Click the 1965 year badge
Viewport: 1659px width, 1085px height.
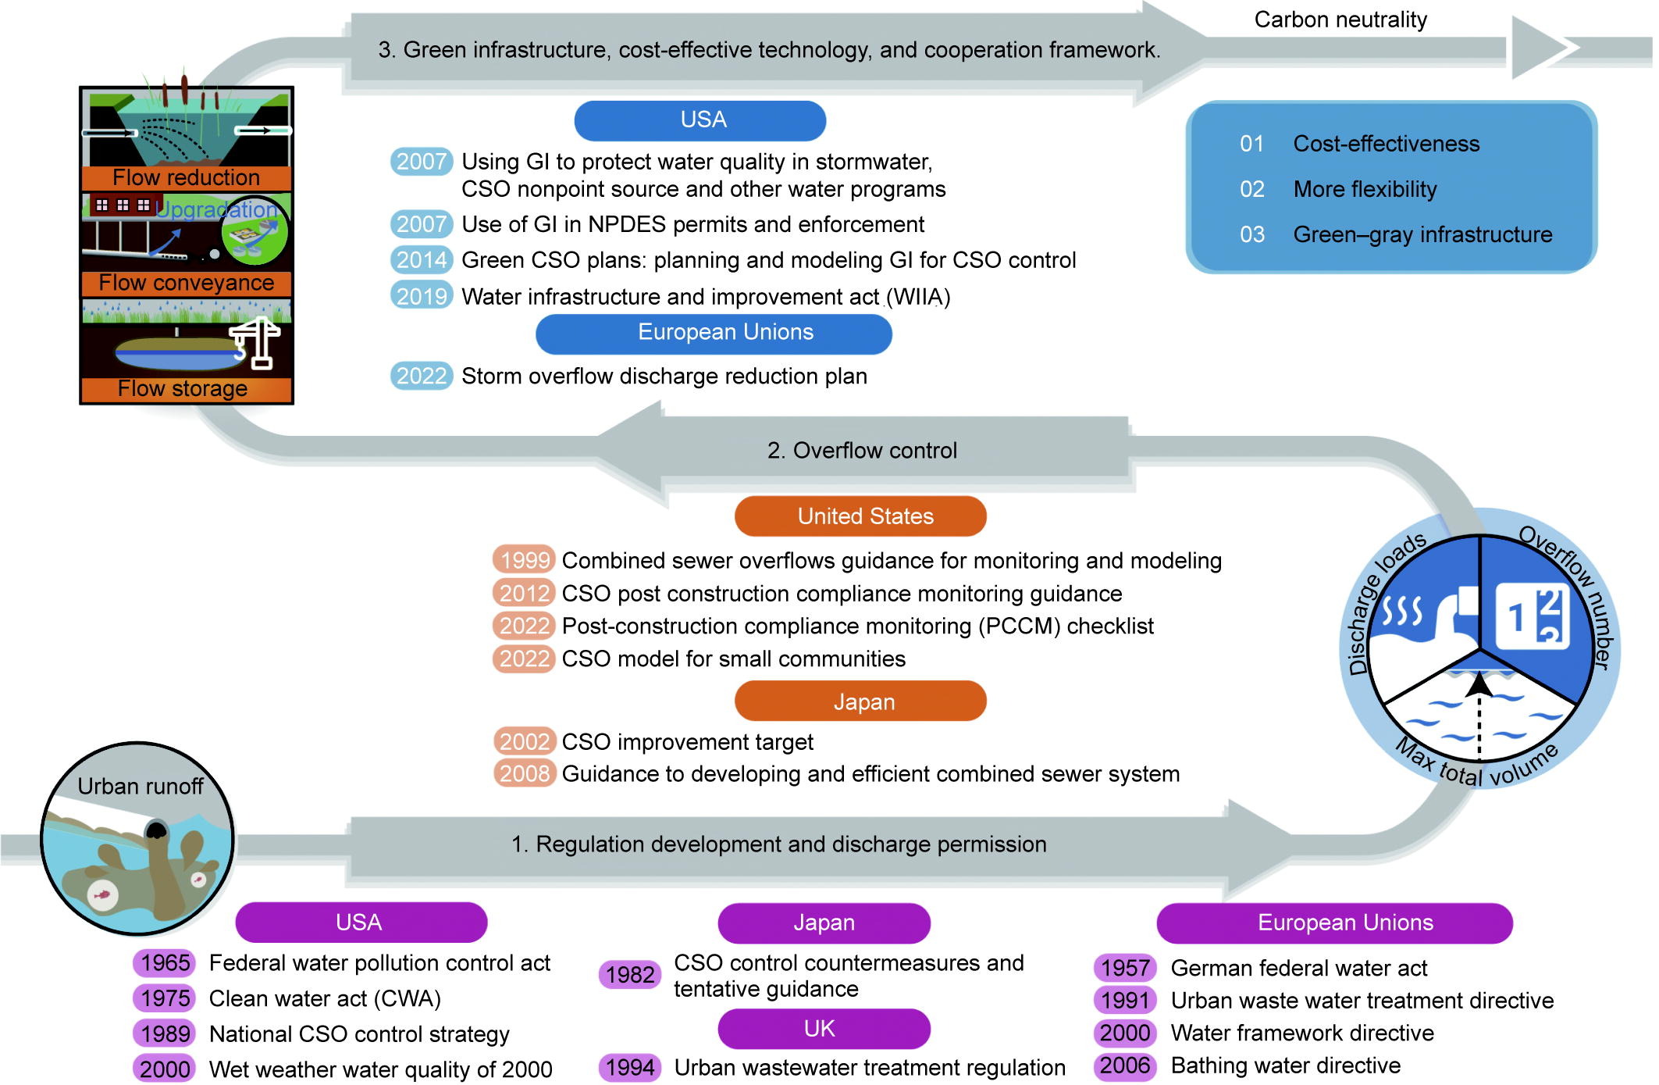(x=165, y=962)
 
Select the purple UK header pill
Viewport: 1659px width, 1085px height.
(x=823, y=1029)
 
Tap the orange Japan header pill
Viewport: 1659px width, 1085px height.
(x=860, y=701)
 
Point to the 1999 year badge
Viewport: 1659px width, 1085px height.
(x=525, y=560)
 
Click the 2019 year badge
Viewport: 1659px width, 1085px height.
(x=422, y=296)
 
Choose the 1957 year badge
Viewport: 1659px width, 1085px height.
(x=1125, y=968)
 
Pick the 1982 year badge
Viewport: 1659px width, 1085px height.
(x=630, y=975)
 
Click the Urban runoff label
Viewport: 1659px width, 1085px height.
(x=141, y=786)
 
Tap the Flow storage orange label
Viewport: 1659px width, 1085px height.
(x=183, y=388)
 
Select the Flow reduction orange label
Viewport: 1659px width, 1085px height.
(x=186, y=177)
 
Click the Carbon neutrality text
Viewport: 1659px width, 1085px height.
(x=1340, y=20)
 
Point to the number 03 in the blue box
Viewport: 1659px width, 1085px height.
(x=1252, y=234)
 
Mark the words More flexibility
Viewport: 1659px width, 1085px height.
(x=1365, y=189)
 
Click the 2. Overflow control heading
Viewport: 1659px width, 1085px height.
(x=862, y=451)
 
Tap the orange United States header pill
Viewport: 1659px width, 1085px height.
(x=860, y=516)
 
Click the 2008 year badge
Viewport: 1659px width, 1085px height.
(x=525, y=773)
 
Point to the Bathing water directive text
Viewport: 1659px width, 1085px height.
(x=1286, y=1065)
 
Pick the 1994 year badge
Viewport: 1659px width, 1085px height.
(x=630, y=1067)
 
